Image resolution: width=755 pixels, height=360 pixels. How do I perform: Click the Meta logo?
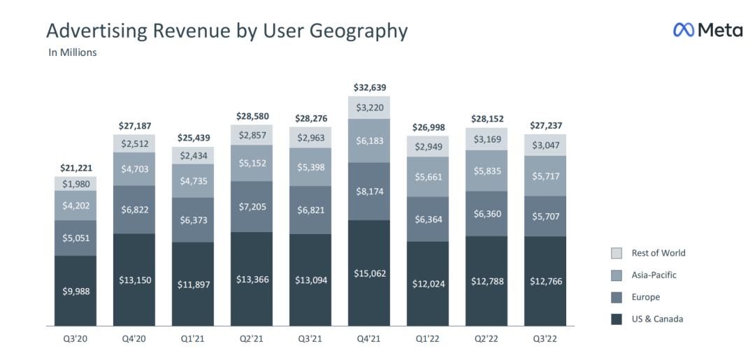707,30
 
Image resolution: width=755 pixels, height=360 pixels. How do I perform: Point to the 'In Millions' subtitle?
73,52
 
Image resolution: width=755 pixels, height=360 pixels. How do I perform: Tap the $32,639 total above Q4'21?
370,87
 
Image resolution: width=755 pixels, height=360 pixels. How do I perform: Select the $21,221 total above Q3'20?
76,168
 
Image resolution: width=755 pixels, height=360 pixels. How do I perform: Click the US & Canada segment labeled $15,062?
370,273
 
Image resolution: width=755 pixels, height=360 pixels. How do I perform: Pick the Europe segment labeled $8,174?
370,191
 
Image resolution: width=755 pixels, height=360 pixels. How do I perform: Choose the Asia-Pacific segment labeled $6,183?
370,141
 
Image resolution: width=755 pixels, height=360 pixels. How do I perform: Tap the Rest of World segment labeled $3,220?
370,108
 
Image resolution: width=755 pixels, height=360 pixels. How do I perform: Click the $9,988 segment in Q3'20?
76,291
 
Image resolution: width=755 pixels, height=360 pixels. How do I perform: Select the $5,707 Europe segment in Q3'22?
546,216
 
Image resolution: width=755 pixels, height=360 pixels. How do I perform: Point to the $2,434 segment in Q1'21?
194,155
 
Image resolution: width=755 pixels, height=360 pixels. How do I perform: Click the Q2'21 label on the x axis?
252,340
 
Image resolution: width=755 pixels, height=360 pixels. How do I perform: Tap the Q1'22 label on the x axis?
429,340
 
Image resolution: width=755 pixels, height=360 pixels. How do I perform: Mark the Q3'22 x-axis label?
546,340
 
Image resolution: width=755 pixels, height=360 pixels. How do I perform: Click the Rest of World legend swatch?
617,253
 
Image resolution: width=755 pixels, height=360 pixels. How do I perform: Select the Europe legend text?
646,297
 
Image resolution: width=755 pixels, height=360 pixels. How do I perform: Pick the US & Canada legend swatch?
617,319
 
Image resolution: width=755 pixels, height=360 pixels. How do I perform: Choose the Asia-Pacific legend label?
654,275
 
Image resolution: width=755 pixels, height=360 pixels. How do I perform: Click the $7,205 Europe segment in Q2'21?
252,207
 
